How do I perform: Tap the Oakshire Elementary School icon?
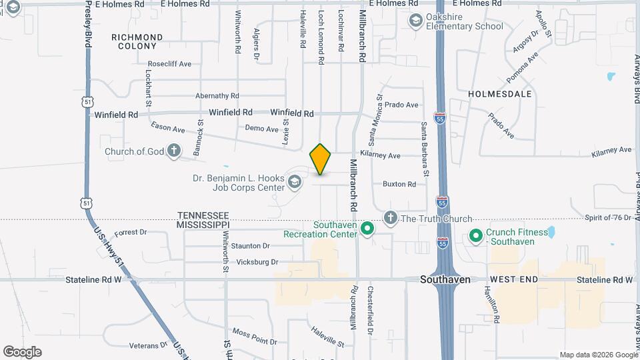click(416, 21)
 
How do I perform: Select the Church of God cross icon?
click(173, 151)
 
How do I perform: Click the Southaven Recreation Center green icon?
click(367, 229)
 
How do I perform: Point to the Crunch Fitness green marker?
click(476, 236)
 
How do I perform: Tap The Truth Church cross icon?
click(391, 218)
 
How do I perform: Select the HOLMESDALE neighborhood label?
click(499, 94)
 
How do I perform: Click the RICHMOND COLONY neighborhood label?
click(137, 41)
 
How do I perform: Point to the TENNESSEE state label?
click(203, 215)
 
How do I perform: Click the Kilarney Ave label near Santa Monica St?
click(380, 155)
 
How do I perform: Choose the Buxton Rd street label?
click(399, 184)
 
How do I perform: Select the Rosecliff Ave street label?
click(170, 64)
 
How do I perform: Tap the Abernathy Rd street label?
click(217, 96)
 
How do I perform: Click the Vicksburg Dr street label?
click(257, 262)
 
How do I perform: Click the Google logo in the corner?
click(22, 351)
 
